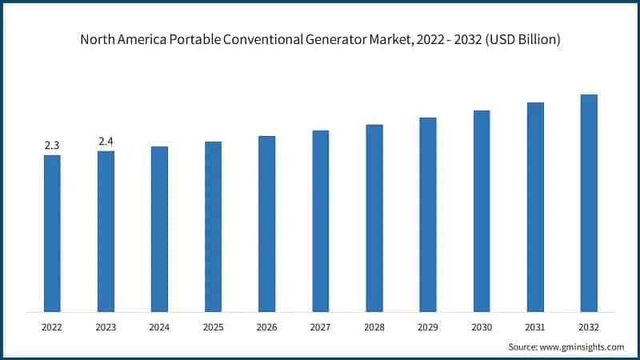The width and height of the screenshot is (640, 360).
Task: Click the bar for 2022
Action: click(52, 233)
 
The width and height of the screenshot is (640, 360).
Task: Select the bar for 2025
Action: click(213, 226)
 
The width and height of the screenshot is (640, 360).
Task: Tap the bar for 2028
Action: click(374, 218)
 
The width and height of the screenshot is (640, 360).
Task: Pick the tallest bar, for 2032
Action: click(589, 203)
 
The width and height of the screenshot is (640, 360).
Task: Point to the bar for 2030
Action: click(482, 211)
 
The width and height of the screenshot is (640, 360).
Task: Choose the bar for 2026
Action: click(266, 223)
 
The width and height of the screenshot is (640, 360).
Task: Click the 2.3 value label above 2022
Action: click(52, 145)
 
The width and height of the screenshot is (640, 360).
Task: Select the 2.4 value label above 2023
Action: click(106, 142)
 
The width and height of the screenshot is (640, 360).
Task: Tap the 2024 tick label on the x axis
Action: click(159, 327)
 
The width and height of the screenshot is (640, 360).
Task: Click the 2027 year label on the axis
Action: click(320, 327)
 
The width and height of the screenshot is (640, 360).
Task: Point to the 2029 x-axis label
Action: click(428, 327)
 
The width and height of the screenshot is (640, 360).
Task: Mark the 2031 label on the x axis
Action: click(535, 327)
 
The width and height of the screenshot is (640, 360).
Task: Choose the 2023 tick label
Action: click(106, 327)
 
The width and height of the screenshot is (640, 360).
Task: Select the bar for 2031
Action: click(535, 207)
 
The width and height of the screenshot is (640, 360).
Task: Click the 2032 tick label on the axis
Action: click(589, 327)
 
